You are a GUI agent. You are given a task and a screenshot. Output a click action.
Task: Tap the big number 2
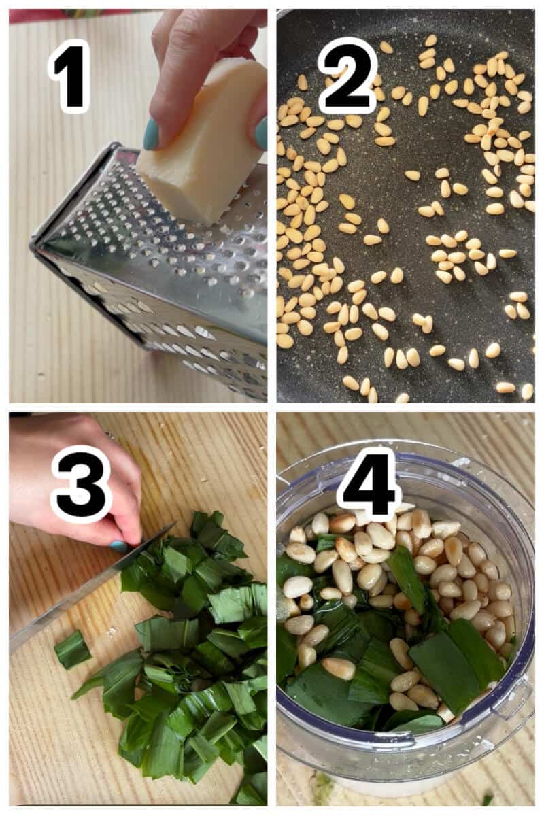point(348,75)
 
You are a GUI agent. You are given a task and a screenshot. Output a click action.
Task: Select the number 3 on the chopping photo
point(81,484)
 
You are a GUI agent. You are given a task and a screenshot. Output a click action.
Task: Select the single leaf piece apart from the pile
point(72,649)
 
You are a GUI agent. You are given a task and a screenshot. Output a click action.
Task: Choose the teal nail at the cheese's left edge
point(151,134)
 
